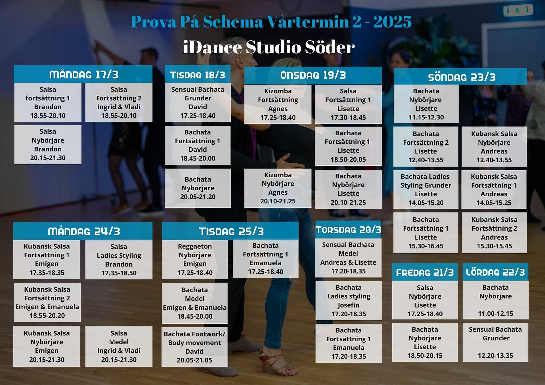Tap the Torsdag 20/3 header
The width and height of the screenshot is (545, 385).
[348, 230]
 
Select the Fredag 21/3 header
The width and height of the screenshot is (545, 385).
[425, 272]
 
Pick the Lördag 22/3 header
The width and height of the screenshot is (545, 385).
[495, 272]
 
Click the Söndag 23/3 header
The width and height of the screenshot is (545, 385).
[461, 77]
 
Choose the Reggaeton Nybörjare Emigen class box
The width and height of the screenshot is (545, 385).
[195, 259]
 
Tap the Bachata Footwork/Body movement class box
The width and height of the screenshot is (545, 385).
[194, 347]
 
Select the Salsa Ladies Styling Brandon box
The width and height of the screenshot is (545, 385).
[119, 260]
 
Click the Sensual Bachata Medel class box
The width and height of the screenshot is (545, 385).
[348, 258]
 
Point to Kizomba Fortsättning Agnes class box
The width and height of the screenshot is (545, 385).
[278, 104]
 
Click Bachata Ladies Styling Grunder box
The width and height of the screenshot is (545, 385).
[425, 190]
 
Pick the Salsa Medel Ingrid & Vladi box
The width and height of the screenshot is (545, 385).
[119, 346]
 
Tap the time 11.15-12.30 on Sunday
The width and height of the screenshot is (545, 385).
[426, 117]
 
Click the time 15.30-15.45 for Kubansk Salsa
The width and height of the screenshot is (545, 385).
[494, 246]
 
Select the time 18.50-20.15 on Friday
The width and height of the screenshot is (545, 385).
[425, 355]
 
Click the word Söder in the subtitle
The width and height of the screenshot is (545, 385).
[330, 47]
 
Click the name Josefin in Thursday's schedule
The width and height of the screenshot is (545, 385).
[348, 305]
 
